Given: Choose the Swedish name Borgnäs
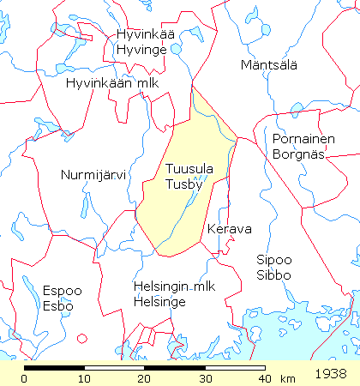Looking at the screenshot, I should (x=297, y=154).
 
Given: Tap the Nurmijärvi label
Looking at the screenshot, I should (x=93, y=175).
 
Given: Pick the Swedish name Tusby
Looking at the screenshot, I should (x=183, y=184).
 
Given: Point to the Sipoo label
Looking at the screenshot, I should (x=274, y=260).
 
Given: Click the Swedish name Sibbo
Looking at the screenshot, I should (x=274, y=274).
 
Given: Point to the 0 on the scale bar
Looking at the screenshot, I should (x=25, y=378).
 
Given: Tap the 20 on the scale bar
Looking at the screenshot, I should (x=144, y=378).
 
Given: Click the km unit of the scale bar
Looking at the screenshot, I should (x=287, y=378).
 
